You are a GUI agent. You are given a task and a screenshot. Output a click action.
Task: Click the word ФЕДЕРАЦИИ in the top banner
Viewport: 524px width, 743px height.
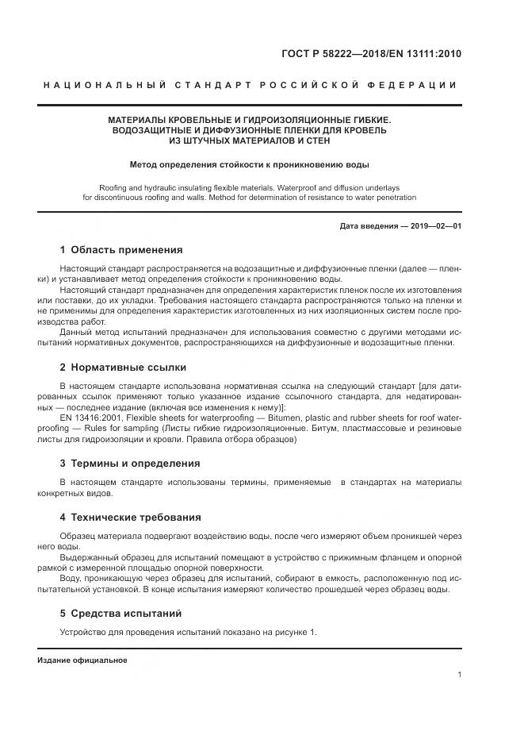coord(418,85)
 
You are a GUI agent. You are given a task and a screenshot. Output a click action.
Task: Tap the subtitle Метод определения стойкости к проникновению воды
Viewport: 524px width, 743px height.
coord(250,165)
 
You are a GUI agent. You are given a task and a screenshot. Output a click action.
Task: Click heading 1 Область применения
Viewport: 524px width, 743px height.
coord(121,249)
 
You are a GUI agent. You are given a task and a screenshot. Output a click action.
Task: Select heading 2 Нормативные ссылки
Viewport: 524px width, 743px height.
coord(123,368)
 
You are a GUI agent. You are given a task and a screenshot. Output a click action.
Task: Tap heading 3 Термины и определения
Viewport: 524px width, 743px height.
coord(130,463)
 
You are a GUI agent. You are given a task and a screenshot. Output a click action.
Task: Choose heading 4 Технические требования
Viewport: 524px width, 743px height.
coord(130,517)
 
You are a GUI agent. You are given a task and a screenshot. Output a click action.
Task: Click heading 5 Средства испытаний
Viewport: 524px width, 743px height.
coord(120,613)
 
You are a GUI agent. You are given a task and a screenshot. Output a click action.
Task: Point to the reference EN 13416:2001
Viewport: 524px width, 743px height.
coord(90,418)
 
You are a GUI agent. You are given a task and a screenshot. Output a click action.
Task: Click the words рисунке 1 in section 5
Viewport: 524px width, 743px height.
coord(293,632)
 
